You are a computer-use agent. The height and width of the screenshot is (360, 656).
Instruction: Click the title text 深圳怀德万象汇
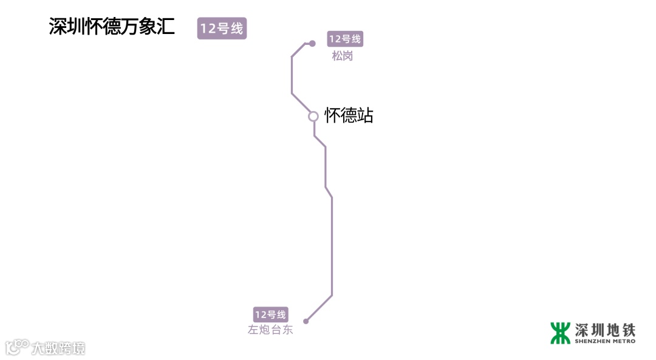112,27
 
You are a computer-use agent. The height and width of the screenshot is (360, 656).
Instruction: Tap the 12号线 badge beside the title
222,29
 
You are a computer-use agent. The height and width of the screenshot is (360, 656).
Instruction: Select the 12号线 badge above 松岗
345,39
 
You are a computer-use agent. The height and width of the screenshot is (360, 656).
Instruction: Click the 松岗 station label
342,56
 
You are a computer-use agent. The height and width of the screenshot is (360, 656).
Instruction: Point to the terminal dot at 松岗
312,44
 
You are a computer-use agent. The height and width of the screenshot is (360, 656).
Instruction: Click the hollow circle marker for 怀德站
313,116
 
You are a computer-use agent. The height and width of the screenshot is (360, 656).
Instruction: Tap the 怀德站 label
349,115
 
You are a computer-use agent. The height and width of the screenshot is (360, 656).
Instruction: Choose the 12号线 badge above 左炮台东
270,314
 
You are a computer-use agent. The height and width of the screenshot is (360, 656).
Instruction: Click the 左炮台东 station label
270,330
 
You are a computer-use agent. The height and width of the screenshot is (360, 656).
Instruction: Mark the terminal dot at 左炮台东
306,321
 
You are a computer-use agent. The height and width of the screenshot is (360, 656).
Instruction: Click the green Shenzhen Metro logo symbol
560,333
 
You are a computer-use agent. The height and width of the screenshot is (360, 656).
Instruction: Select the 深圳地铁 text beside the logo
605,330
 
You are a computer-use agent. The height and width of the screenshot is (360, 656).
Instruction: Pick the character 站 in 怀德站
365,115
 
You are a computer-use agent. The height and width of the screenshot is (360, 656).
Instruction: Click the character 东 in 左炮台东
287,330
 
